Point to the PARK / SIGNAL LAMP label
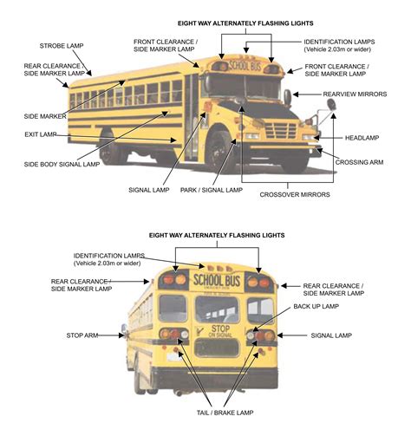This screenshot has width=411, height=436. (x=210, y=187)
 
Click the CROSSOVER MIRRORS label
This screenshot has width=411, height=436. (x=294, y=195)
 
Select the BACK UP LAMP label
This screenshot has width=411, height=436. (x=316, y=306)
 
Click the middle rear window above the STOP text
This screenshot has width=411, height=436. (x=218, y=307)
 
